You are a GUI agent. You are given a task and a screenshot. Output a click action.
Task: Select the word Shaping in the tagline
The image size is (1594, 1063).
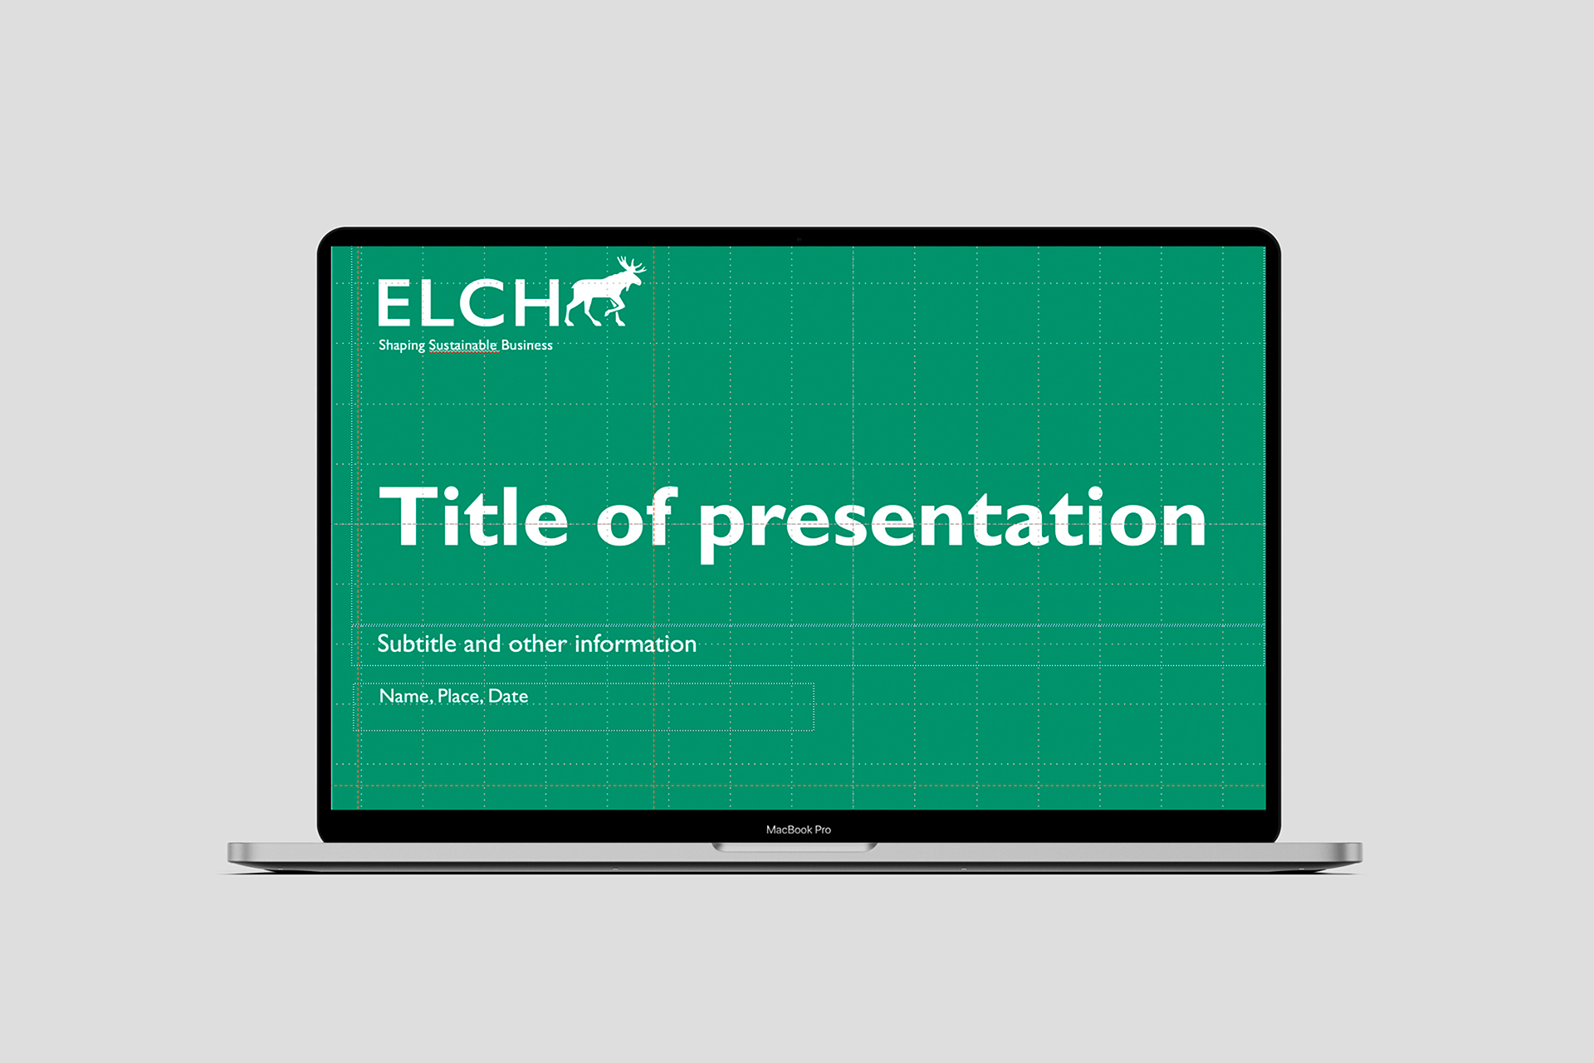click(x=402, y=345)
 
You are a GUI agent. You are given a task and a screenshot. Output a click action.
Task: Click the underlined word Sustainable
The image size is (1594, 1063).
click(x=463, y=345)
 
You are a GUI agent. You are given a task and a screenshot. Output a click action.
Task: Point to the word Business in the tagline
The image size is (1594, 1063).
click(x=526, y=345)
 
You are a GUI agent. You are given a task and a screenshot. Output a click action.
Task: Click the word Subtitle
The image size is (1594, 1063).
click(x=417, y=644)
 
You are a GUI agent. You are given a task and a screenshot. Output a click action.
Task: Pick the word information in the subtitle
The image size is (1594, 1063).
click(x=635, y=644)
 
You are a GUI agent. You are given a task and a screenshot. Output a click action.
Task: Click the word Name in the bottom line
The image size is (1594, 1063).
click(x=405, y=696)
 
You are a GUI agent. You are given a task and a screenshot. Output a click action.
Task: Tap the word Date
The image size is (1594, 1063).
click(x=508, y=696)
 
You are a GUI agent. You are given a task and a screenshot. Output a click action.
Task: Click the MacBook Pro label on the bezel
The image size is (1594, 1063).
click(x=798, y=830)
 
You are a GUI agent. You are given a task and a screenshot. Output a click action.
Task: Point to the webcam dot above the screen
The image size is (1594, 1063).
click(x=799, y=239)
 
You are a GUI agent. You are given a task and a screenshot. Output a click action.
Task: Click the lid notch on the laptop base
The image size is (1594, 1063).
click(x=795, y=847)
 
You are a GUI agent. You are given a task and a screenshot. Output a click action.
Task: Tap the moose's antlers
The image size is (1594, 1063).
click(x=630, y=265)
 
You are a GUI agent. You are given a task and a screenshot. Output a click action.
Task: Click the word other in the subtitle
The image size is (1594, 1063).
click(x=537, y=644)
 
